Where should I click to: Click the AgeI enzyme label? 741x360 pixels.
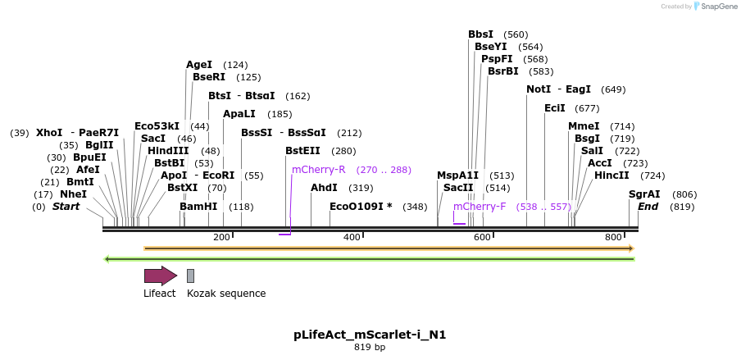(x=199, y=64)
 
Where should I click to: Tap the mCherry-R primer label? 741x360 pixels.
(x=319, y=170)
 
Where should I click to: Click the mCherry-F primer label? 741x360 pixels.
(x=480, y=207)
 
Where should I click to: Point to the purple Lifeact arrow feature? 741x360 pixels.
(x=161, y=276)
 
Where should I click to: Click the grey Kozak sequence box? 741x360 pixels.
(x=190, y=276)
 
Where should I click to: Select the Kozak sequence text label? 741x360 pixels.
(x=226, y=293)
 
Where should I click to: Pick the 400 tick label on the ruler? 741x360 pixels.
(x=352, y=237)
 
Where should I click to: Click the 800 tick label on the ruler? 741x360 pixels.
(x=614, y=237)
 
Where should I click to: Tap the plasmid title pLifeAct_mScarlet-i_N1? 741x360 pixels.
(x=370, y=335)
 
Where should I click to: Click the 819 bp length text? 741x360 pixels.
(x=370, y=348)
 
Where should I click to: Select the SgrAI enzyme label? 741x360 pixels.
(x=644, y=194)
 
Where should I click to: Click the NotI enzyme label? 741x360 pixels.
(x=539, y=89)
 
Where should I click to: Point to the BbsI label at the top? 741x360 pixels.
(x=481, y=34)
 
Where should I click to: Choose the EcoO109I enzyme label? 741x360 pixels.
(x=361, y=207)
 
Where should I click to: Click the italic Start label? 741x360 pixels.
(x=66, y=207)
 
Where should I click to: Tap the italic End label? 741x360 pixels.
(x=648, y=207)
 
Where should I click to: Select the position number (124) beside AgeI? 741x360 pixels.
(x=235, y=65)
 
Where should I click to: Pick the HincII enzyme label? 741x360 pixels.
(x=611, y=175)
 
